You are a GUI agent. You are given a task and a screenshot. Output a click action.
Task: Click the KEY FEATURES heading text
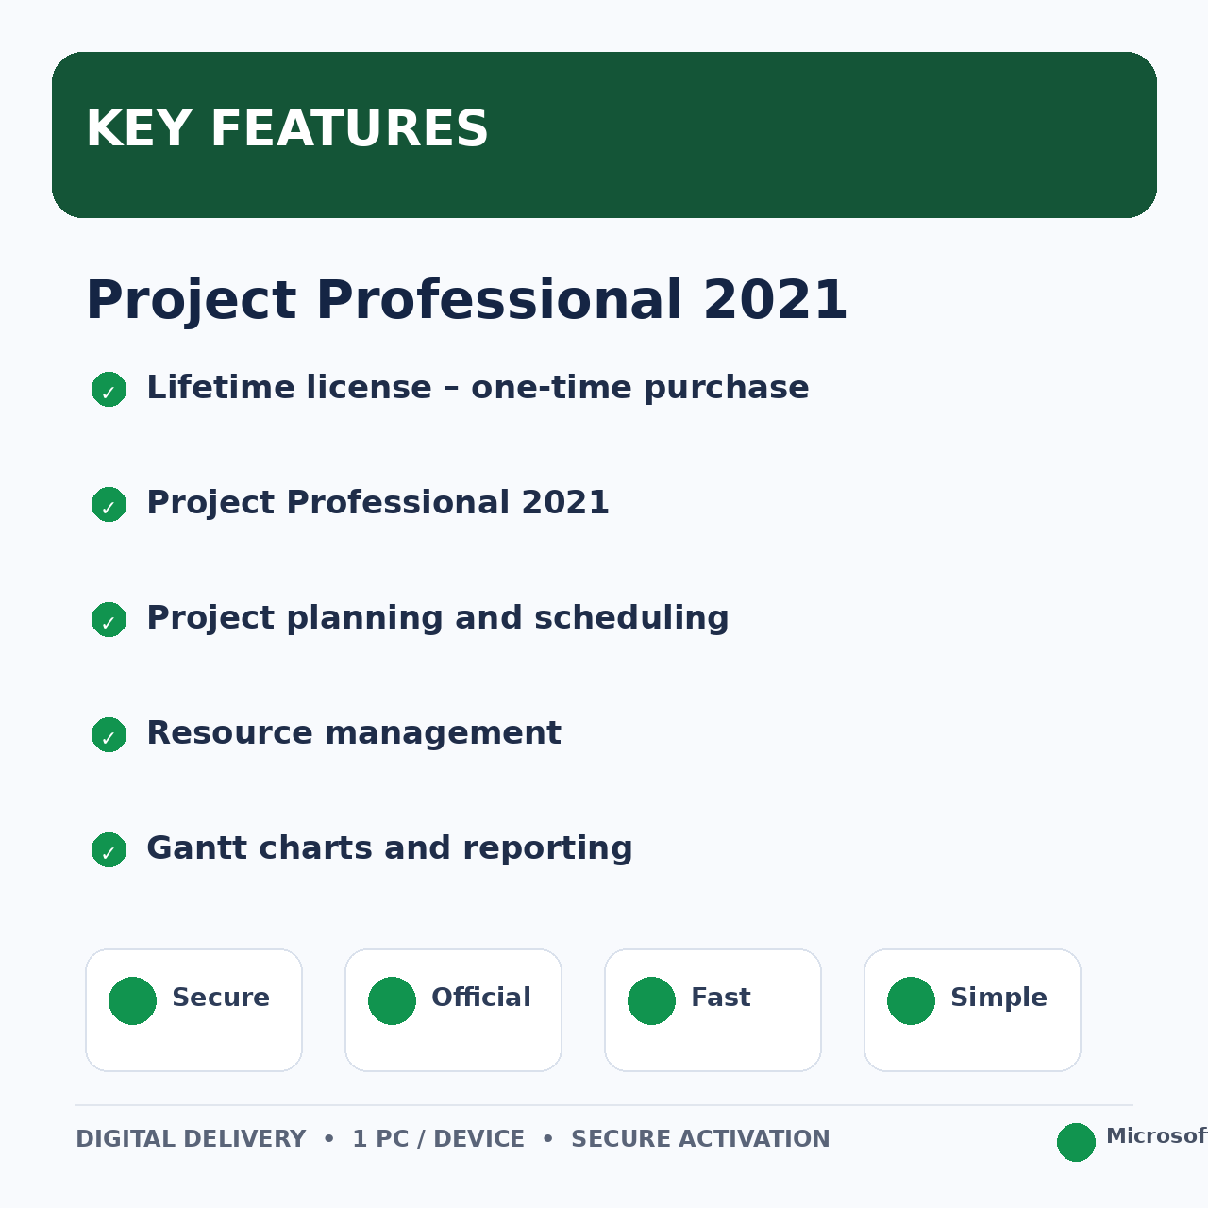[287, 129]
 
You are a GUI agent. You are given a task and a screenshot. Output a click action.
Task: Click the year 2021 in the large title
[775, 300]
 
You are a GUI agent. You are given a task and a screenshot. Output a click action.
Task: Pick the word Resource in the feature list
[229, 733]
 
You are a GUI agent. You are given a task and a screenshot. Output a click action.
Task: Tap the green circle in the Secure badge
[132, 1000]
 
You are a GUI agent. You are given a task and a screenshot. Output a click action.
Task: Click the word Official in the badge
[480, 997]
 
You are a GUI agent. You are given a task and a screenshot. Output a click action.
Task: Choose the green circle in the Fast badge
[651, 1000]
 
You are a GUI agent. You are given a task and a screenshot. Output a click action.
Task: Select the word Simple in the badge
[998, 998]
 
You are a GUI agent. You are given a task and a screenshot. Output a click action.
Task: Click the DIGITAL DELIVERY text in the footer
[191, 1138]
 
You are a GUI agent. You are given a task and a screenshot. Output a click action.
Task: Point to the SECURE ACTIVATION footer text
[700, 1138]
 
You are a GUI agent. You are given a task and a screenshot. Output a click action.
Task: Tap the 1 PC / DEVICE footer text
[438, 1138]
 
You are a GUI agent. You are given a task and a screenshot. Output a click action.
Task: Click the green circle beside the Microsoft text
[1076, 1142]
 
